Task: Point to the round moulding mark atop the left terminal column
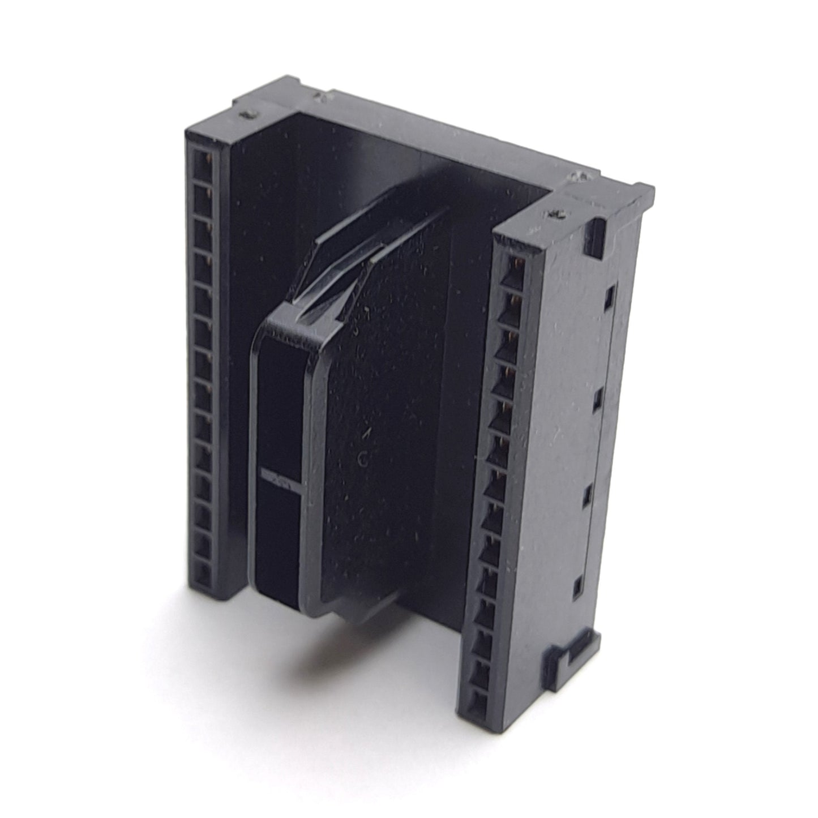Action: (x=247, y=116)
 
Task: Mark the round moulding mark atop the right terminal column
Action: (x=554, y=215)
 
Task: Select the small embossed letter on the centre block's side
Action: (x=362, y=461)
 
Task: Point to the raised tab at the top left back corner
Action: (x=289, y=85)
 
